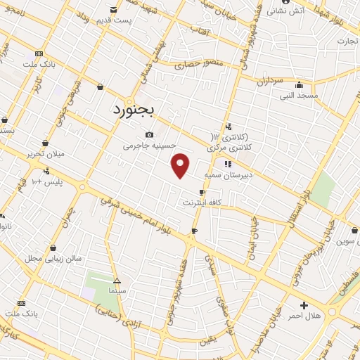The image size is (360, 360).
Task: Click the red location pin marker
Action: click(181, 165)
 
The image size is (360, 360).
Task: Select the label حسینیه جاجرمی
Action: click(147, 146)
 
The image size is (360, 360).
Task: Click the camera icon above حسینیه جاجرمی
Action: click(149, 135)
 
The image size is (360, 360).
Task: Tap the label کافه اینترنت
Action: click(202, 202)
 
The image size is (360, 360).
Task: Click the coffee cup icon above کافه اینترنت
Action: click(202, 192)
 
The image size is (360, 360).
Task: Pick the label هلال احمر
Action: click(304, 316)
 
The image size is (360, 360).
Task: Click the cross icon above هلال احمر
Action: click(304, 305)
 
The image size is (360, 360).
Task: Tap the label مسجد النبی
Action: click(299, 95)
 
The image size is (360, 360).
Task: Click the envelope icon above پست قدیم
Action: click(114, 9)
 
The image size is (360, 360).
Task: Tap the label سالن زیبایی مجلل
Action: click(56, 258)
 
